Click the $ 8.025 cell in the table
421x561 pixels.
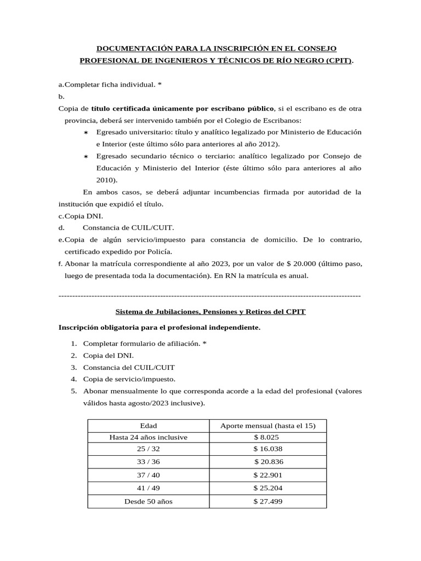(268, 437)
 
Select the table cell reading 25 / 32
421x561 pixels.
(148, 448)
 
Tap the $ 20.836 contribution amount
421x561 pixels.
(268, 461)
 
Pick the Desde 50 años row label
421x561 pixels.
(148, 500)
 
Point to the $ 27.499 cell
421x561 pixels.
(268, 500)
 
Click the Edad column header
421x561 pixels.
(148, 426)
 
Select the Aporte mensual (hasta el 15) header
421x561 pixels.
(268, 426)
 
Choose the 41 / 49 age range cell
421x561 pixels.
(148, 487)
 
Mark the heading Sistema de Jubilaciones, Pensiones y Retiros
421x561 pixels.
(210, 311)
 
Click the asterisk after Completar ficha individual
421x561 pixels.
(160, 84)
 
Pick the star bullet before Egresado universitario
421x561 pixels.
(86, 133)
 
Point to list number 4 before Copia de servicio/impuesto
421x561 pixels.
(73, 379)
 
